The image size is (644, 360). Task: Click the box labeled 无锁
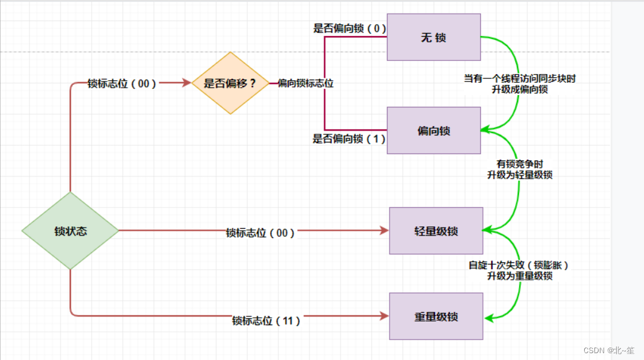pos(434,37)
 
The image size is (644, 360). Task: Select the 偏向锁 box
pos(434,131)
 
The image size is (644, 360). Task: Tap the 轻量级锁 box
pos(436,231)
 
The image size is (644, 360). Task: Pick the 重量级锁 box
pos(436,316)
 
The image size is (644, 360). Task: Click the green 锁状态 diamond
pos(70,231)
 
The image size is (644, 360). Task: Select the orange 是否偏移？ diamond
pos(230,83)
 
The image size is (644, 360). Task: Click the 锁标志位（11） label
pos(266,321)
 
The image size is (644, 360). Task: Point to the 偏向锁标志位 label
pos(306,83)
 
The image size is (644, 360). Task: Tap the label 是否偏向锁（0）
pos(349,28)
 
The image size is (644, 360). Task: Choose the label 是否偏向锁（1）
pos(349,139)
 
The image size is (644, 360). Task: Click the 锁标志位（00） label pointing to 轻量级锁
pos(260,233)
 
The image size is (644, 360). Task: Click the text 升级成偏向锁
pos(520,89)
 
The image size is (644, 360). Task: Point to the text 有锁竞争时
pos(520,164)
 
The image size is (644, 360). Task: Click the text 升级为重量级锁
pos(520,275)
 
